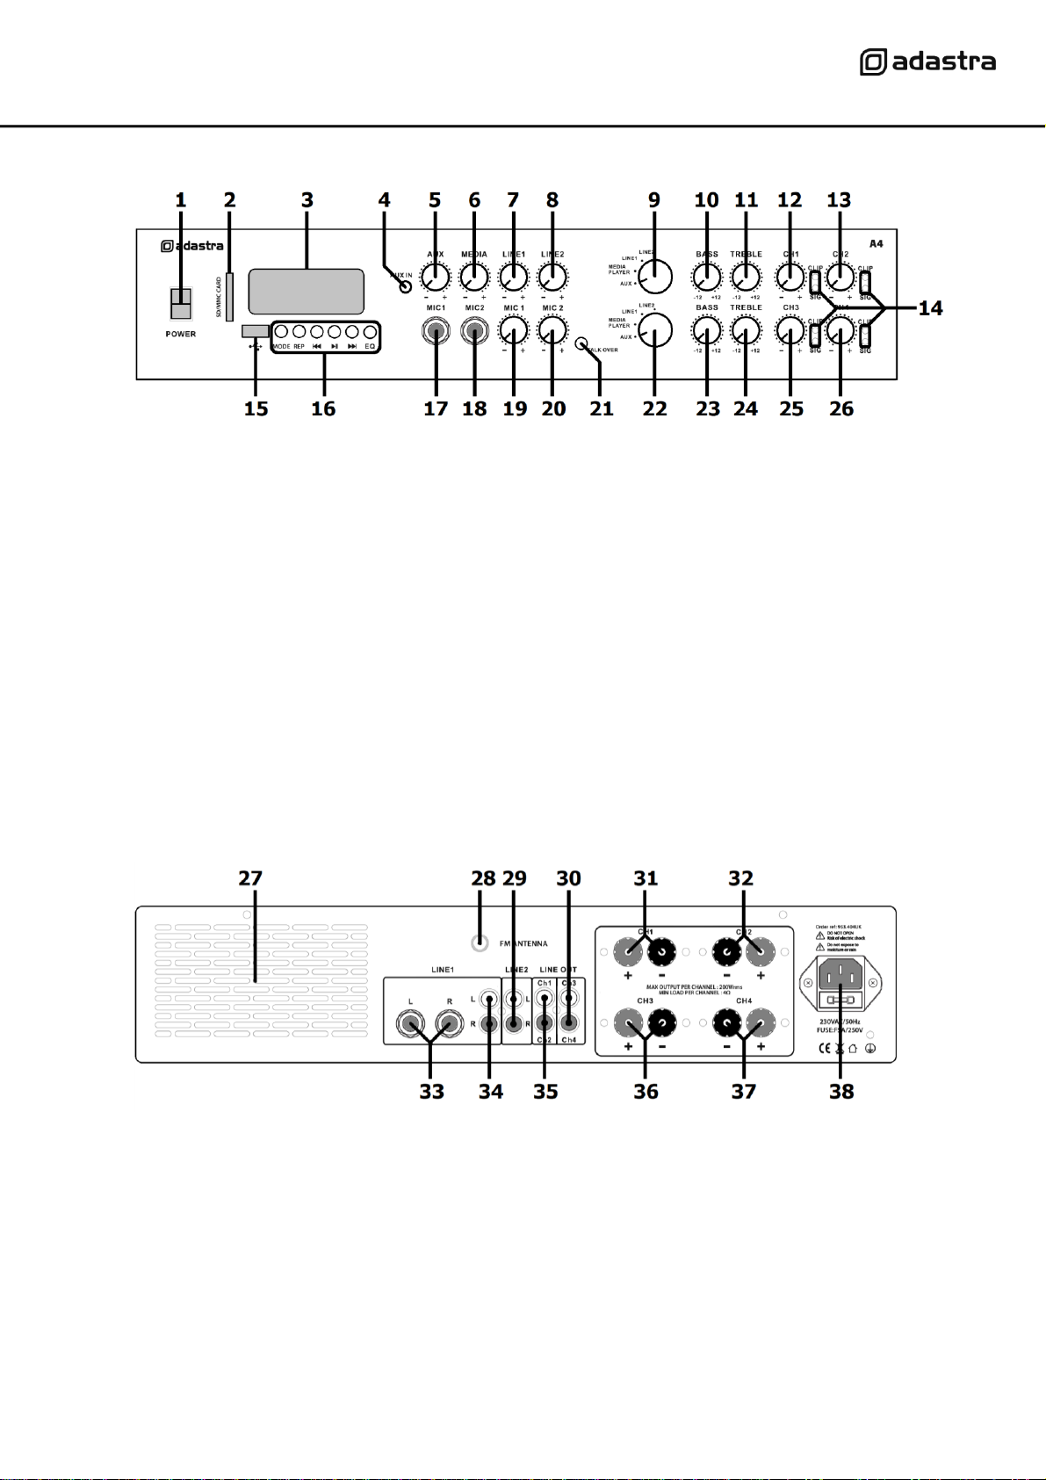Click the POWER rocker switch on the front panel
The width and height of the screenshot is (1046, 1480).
pos(181,304)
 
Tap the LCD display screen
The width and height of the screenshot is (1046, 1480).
pos(306,292)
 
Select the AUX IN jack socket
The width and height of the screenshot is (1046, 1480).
pos(406,286)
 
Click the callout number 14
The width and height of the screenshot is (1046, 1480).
pos(930,307)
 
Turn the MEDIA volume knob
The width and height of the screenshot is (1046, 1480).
pos(474,278)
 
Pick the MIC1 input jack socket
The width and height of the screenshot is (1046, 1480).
pos(436,333)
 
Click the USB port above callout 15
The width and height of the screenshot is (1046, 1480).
pos(255,330)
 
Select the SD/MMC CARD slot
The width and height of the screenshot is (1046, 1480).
pos(229,297)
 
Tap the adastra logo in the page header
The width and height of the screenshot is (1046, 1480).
pos(927,62)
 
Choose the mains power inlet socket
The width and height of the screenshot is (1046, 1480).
pos(840,975)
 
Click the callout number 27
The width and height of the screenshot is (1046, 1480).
pos(250,878)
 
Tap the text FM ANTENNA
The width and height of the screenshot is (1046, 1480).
pos(523,944)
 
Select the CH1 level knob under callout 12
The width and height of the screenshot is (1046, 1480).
pos(790,278)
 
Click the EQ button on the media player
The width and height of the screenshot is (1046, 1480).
pos(370,332)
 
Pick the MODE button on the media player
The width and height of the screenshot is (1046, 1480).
pos(281,332)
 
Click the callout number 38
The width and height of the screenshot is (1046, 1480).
pos(841,1092)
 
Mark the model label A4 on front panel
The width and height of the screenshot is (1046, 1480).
pos(876,243)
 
